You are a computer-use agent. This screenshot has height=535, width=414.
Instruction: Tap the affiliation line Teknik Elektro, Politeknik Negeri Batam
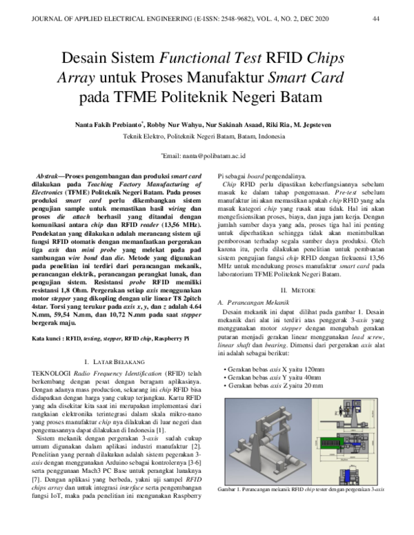point(207,137)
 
